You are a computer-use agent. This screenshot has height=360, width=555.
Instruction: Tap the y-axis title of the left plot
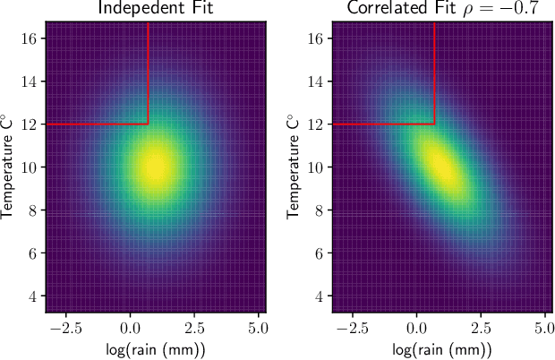click(x=9, y=167)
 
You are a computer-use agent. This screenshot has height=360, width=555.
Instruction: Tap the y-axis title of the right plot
click(x=295, y=167)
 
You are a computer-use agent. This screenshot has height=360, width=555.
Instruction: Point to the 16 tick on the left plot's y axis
click(x=30, y=39)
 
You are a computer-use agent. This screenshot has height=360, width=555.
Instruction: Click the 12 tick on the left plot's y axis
click(x=30, y=124)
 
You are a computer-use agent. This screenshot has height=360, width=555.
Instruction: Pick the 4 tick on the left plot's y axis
click(x=34, y=296)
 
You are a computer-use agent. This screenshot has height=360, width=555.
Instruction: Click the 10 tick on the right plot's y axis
click(x=317, y=167)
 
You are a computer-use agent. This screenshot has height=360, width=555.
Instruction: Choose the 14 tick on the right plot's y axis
click(x=317, y=81)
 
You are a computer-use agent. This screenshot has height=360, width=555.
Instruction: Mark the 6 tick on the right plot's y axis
click(x=320, y=253)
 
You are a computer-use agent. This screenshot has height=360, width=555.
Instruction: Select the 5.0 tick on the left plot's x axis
click(x=260, y=326)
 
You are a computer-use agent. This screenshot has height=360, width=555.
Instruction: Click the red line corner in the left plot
click(x=149, y=124)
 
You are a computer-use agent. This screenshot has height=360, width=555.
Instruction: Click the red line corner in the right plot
click(x=435, y=124)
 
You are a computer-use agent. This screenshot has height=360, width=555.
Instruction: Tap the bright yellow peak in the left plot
click(x=157, y=167)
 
